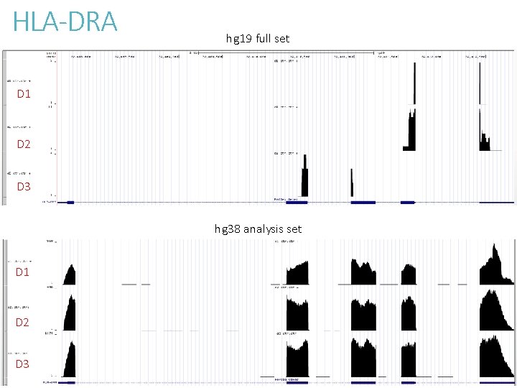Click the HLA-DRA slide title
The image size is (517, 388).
[x=65, y=22]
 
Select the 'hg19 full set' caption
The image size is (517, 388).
[x=257, y=38]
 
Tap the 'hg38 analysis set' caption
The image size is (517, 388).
[x=258, y=229]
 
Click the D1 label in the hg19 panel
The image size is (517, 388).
[x=24, y=94]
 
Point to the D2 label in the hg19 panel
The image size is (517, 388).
[x=24, y=144]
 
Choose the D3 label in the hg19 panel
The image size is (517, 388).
[x=24, y=187]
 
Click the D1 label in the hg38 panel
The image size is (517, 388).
[x=23, y=272]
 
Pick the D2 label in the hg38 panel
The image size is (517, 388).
[x=23, y=323]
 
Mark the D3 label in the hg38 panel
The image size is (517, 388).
[x=23, y=364]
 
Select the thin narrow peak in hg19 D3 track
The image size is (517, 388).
[x=352, y=184]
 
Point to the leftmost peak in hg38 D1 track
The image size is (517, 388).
[x=70, y=275]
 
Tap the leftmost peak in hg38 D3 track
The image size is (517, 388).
[x=70, y=361]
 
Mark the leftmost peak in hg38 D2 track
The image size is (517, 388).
[x=70, y=316]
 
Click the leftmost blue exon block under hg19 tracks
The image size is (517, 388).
[x=70, y=203]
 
